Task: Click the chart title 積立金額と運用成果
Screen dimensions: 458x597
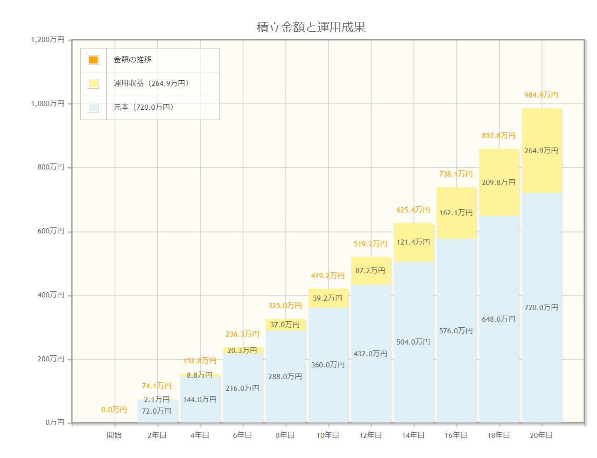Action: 311,27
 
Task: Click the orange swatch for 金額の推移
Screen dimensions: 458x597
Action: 93,60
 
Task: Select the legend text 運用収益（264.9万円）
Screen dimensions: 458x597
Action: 151,84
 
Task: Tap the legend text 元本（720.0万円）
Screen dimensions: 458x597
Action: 144,107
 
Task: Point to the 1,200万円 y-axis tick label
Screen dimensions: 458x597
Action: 48,40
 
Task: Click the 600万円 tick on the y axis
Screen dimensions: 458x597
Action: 51,231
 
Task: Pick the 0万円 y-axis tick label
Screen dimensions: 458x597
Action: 55,422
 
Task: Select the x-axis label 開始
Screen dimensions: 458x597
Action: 114,435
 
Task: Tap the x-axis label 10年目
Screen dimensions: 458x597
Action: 328,435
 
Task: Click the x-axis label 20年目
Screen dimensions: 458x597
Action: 541,435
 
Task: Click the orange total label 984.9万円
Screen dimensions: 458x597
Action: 541,95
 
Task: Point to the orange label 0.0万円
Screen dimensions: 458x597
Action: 114,410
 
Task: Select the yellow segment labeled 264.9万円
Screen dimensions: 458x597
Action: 541,151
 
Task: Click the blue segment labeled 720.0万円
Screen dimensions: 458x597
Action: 541,308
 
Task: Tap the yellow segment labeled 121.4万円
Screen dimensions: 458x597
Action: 413,242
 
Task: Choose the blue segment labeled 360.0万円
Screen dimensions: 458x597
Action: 328,365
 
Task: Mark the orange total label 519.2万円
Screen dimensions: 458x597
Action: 371,244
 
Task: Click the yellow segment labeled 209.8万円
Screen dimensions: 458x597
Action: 499,183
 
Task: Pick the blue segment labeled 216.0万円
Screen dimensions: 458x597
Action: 242,388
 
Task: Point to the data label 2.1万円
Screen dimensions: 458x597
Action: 157,400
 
